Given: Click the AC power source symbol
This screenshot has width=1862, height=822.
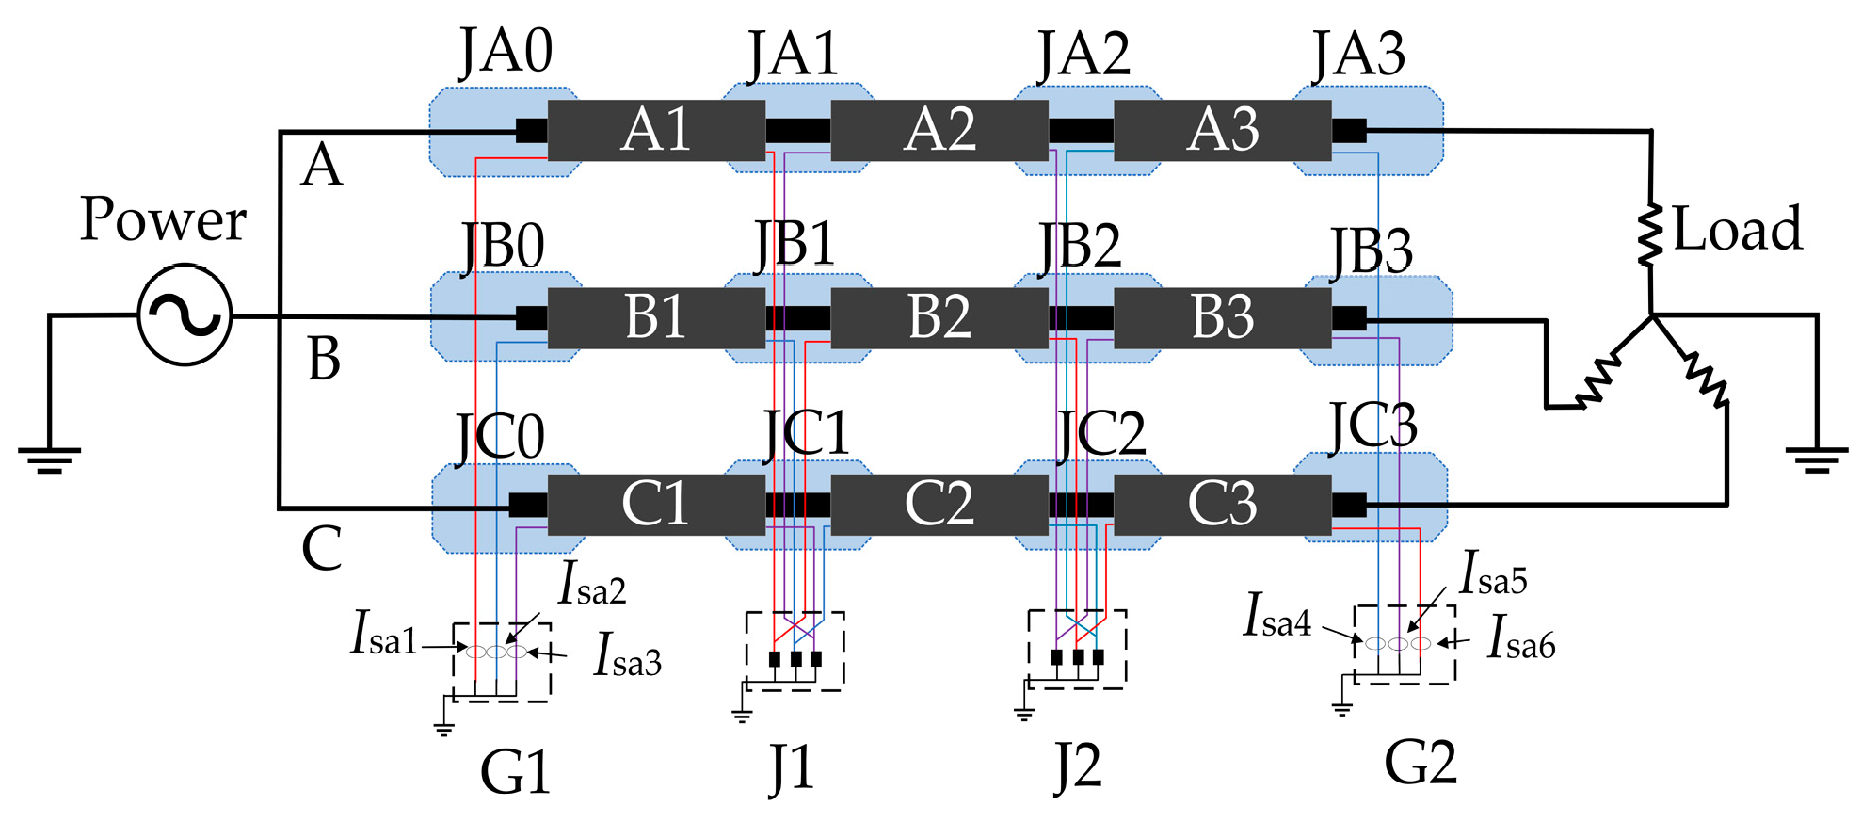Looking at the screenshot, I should (x=185, y=314).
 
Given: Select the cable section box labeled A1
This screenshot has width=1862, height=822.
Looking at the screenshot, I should (x=656, y=130).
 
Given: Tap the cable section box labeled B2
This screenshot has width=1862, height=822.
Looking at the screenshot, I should (x=939, y=317).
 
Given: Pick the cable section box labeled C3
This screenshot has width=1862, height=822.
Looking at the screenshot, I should (x=1222, y=504).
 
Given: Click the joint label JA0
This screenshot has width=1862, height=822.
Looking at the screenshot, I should (x=506, y=53).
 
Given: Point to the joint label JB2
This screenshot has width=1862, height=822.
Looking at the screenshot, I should (x=1080, y=247).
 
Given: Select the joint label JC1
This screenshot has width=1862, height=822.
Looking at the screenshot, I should (x=806, y=434).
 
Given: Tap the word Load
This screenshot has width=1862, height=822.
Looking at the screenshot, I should (x=1737, y=229).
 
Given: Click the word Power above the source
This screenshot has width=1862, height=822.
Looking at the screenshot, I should (x=163, y=219).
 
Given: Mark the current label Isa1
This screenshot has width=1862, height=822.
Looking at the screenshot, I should (x=383, y=634).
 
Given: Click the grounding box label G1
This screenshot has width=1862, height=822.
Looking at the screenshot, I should (x=515, y=774).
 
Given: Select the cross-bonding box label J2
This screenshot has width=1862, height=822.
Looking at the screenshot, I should (x=1077, y=768).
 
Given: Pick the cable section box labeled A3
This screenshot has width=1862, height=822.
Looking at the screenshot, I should (x=1222, y=130).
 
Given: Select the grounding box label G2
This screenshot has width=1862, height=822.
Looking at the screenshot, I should (x=1420, y=763).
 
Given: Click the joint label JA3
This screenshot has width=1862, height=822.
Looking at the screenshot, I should (x=1358, y=55).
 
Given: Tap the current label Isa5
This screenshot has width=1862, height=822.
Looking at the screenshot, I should (x=1493, y=574).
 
